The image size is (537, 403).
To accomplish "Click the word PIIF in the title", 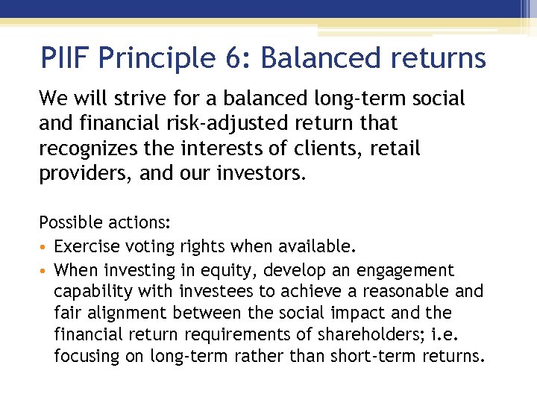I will (x=66, y=57).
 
